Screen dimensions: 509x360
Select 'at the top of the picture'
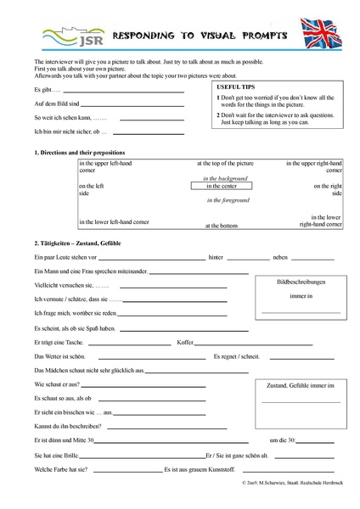coord(222,162)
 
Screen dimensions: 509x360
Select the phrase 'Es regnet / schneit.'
coord(238,356)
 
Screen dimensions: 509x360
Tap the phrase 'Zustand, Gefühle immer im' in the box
coord(301,385)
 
